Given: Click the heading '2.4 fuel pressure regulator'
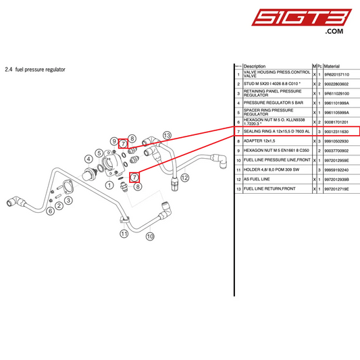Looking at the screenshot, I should click(x=35, y=70).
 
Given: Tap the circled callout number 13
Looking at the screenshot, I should click(x=168, y=136).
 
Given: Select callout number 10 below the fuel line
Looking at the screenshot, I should click(x=150, y=236).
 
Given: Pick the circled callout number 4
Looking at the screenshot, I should click(x=89, y=159).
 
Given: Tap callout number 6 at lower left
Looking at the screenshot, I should click(x=50, y=211).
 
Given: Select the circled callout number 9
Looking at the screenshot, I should click(x=115, y=139).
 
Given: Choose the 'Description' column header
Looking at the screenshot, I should click(x=255, y=66).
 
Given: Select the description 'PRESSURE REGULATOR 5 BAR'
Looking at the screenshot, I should click(x=273, y=103).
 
